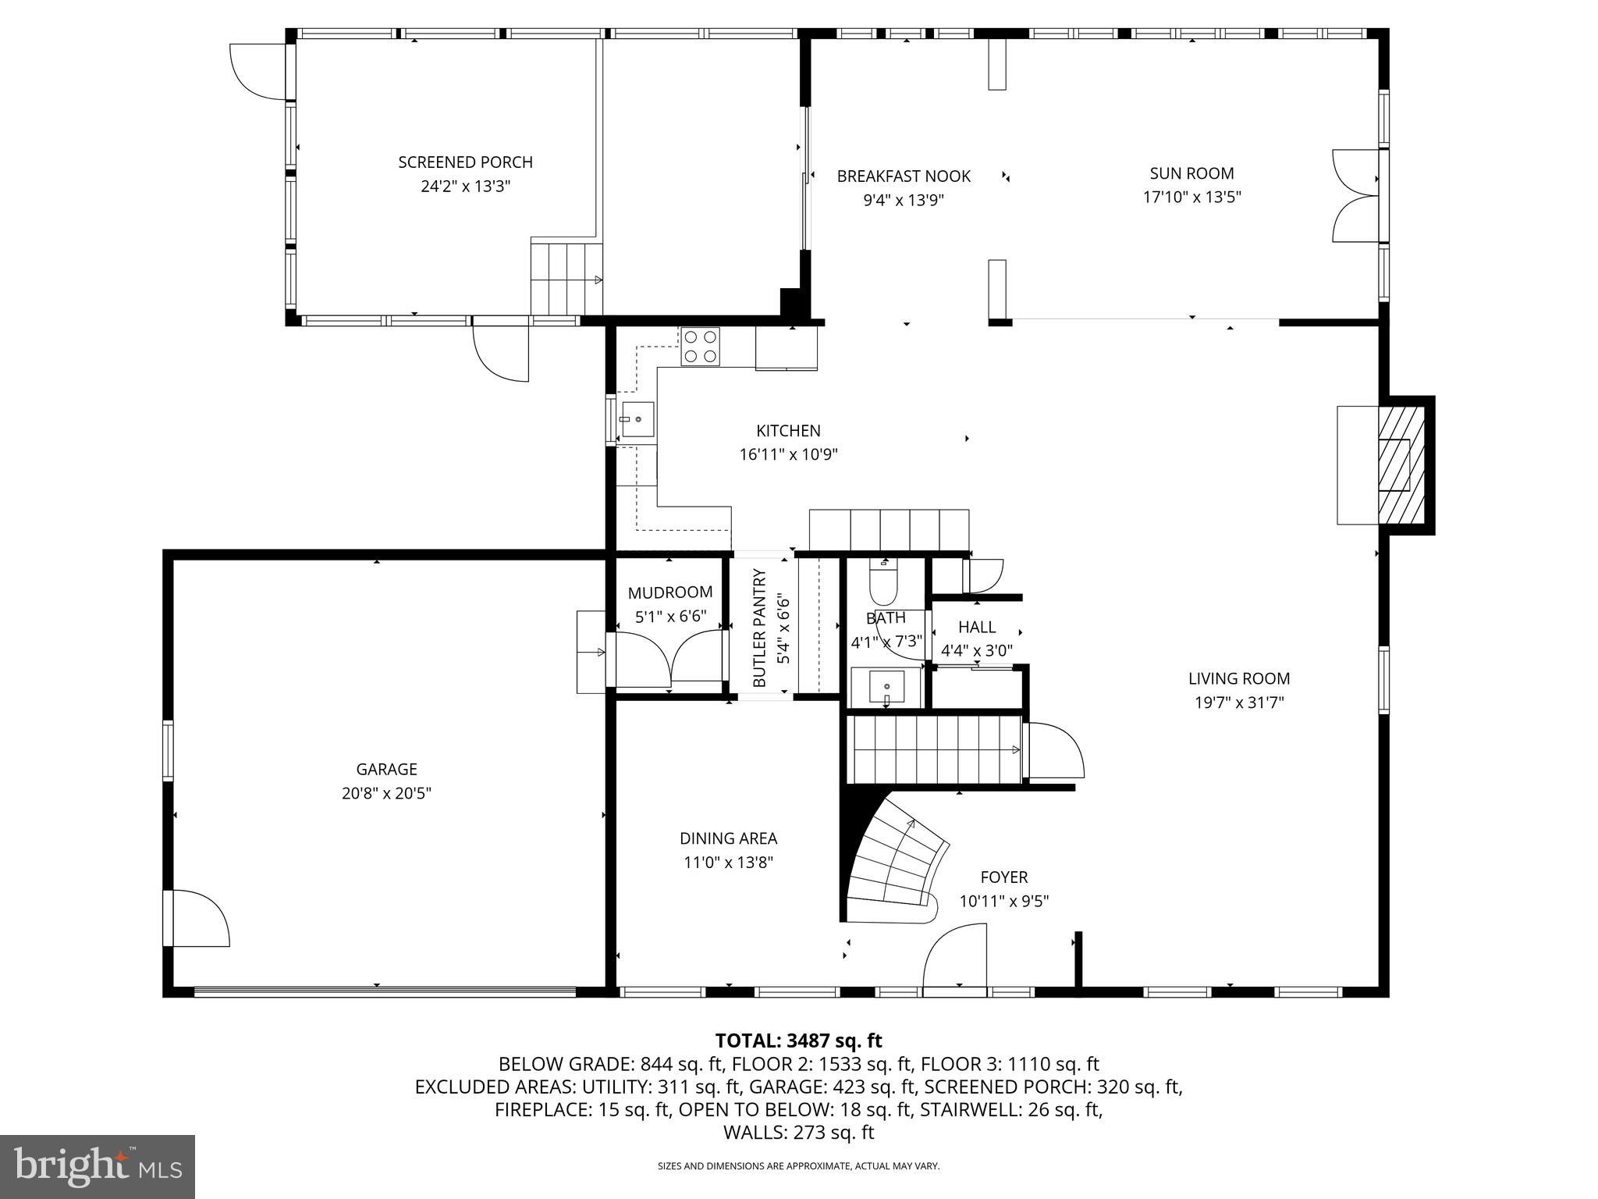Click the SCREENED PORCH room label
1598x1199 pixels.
click(465, 162)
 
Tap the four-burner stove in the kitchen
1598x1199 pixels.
click(700, 347)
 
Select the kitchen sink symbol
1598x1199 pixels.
click(637, 419)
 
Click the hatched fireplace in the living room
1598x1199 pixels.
click(1401, 464)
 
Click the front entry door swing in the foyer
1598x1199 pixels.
click(953, 956)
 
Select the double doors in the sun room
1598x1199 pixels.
click(1356, 195)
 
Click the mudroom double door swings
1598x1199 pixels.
click(669, 660)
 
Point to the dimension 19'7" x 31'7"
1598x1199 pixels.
click(1239, 703)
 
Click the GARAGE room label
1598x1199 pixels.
click(386, 769)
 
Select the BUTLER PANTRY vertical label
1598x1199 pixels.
click(759, 628)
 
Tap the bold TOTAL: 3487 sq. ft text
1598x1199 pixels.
click(798, 1041)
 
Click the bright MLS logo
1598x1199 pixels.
click(98, 1166)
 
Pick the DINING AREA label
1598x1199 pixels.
click(728, 838)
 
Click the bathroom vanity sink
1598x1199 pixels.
click(886, 687)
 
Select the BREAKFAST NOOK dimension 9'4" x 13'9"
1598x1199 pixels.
click(903, 200)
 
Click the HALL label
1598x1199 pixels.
click(976, 627)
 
